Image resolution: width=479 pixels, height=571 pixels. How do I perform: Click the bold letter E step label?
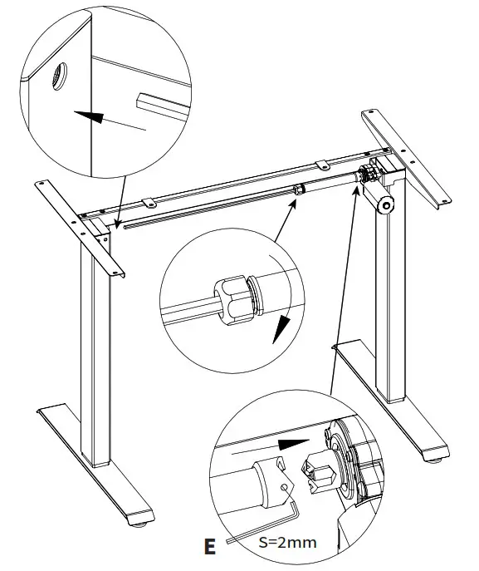[x=210, y=546]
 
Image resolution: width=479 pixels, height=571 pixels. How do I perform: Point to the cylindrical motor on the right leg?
[x=384, y=205]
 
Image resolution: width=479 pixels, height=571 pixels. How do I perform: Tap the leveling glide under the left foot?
[x=137, y=524]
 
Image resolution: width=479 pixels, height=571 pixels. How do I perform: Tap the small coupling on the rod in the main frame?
[x=296, y=191]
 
